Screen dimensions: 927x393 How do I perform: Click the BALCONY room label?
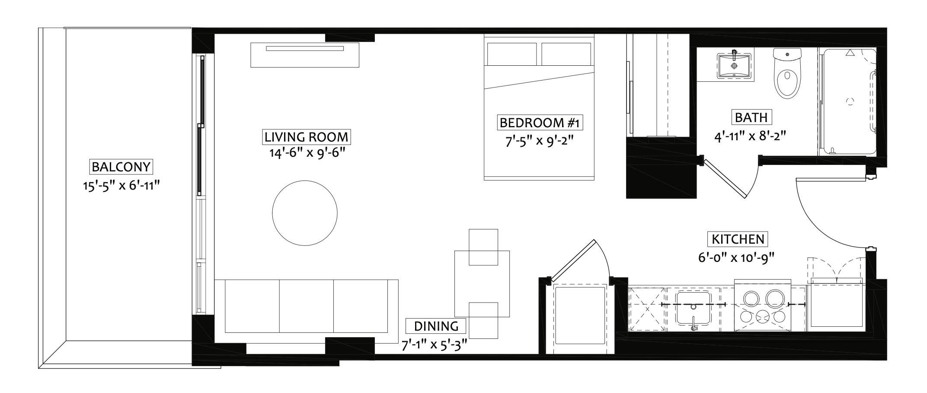pyautogui.click(x=121, y=167)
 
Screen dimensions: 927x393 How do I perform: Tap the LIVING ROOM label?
pyautogui.click(x=306, y=137)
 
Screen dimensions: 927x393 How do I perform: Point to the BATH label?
pyautogui.click(x=751, y=117)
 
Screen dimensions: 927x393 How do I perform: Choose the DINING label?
pyautogui.click(x=436, y=326)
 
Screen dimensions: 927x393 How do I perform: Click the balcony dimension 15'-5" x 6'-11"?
pyautogui.click(x=121, y=186)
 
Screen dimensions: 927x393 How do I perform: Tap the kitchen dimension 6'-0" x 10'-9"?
pyautogui.click(x=735, y=258)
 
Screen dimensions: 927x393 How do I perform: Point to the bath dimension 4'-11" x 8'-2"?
pyautogui.click(x=749, y=136)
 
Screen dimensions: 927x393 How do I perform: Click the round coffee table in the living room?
pyautogui.click(x=305, y=213)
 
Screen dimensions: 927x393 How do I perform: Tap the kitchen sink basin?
pyautogui.click(x=693, y=308)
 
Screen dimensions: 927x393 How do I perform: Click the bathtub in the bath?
pyautogui.click(x=848, y=101)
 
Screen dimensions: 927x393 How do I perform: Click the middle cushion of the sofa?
pyautogui.click(x=306, y=306)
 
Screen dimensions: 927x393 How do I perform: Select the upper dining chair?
pyautogui.click(x=483, y=247)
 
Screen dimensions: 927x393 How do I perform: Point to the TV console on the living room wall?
pyautogui.click(x=305, y=55)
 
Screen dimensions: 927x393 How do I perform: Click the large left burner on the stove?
pyautogui.click(x=751, y=299)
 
